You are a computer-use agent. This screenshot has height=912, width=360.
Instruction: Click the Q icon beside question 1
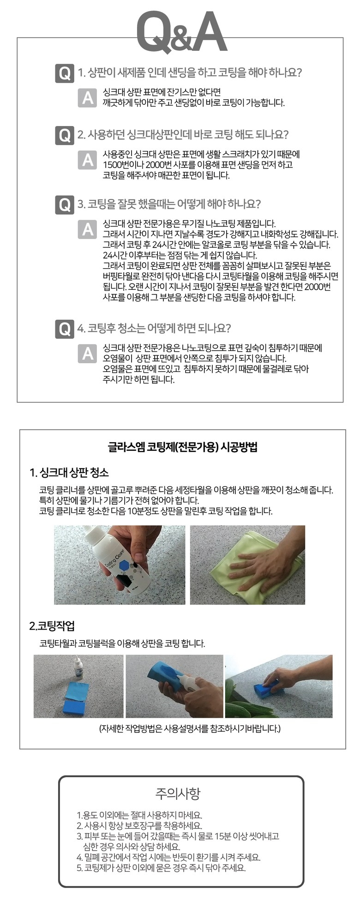pos(64,73)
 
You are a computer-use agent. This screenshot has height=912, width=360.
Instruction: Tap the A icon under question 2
pos(88,160)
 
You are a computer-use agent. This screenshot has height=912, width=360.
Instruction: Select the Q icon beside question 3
pos(64,204)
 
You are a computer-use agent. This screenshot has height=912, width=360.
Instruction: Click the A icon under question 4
pos(88,353)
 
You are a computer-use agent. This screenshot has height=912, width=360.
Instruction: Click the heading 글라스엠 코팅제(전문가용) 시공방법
pos(182,447)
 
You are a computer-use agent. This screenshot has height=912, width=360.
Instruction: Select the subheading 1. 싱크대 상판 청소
pos(69,473)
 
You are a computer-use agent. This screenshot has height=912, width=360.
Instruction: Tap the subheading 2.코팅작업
pos(52,626)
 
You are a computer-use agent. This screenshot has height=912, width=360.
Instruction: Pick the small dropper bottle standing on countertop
pos(79,669)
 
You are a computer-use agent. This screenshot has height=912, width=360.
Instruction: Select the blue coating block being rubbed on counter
pos(266,687)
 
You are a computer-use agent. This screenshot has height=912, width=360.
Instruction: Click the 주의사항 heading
pos(178,793)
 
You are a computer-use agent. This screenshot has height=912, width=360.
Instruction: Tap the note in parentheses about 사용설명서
pos(190,728)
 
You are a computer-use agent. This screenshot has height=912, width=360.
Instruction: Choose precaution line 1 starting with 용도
pos(139,816)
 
